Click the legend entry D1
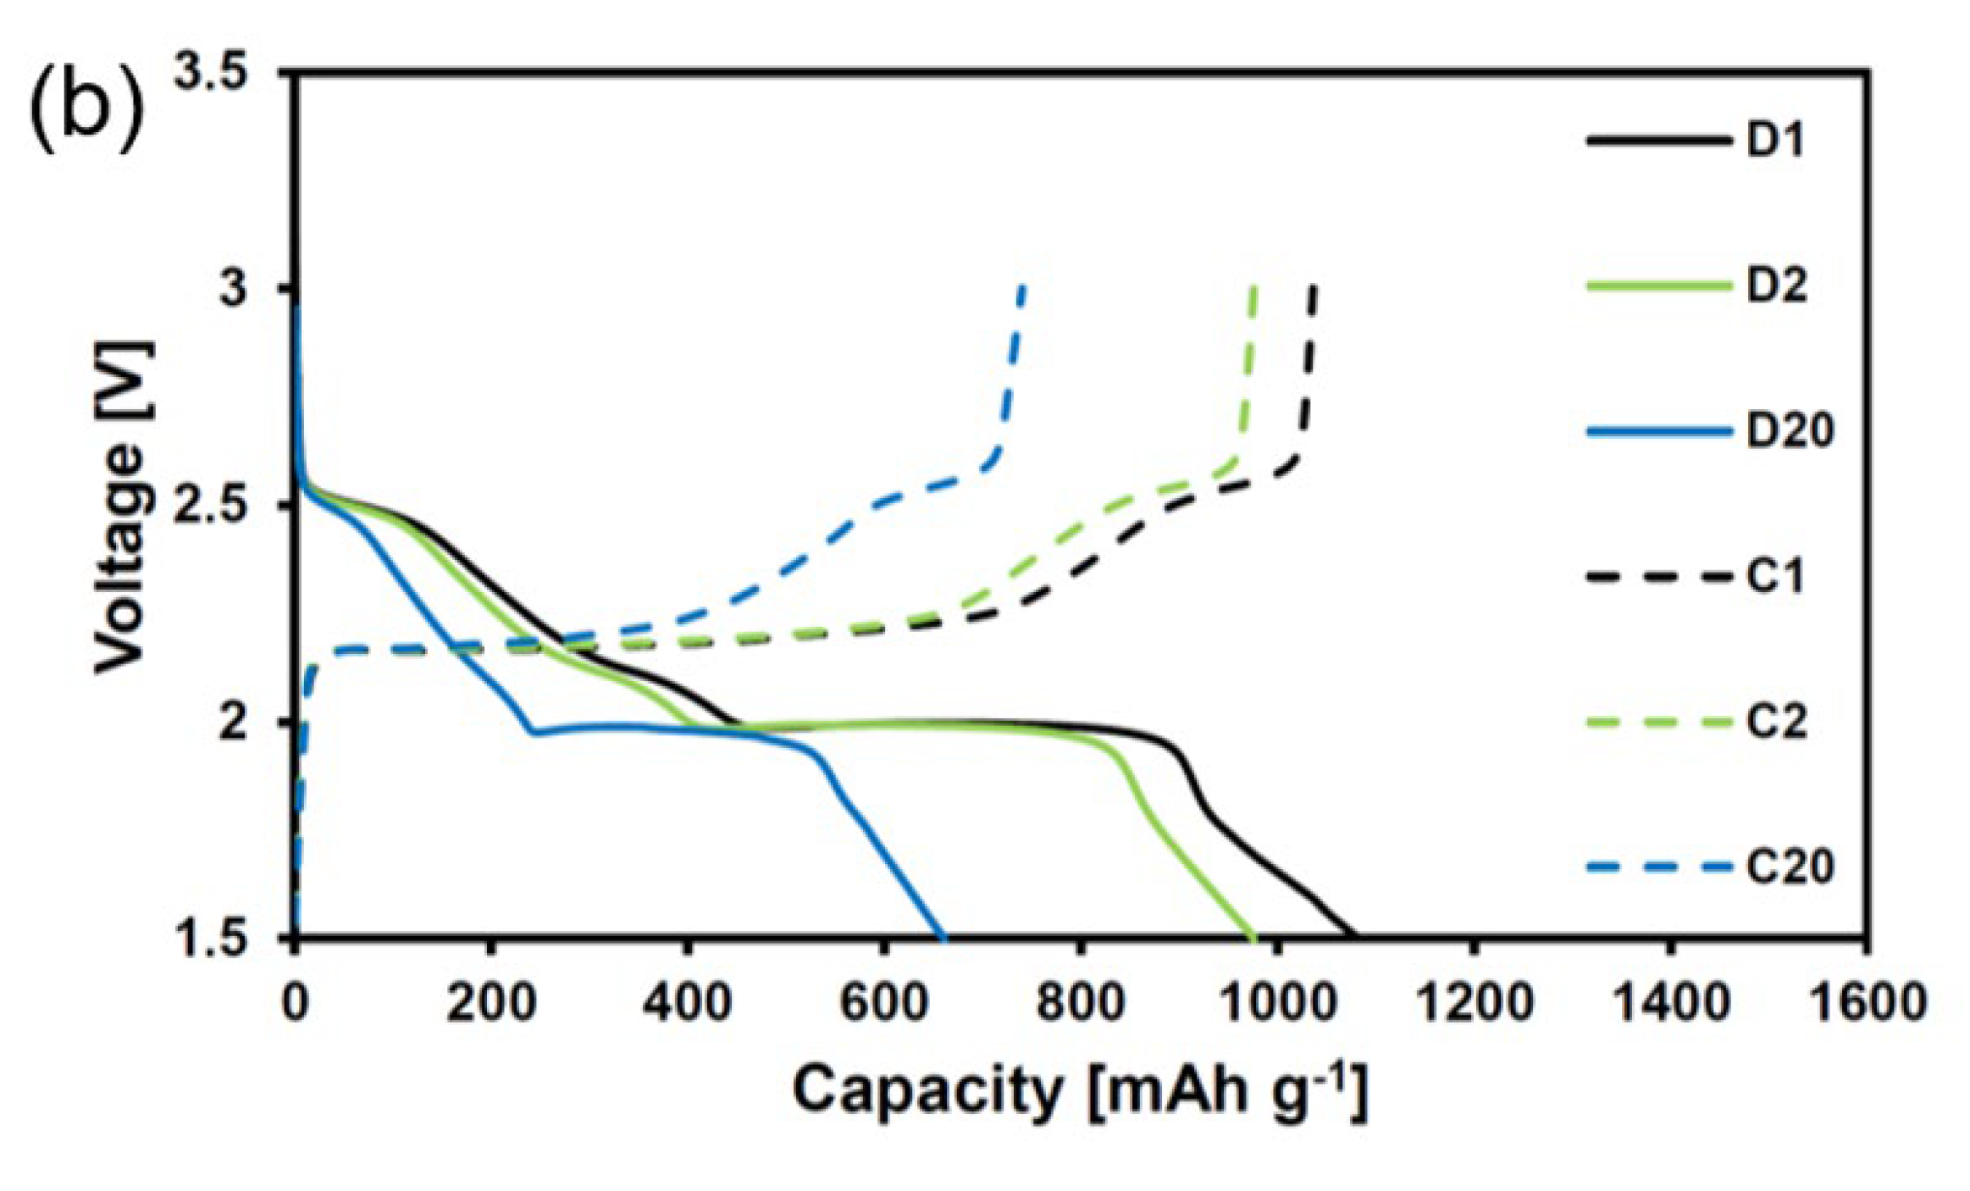(x=1774, y=141)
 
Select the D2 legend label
(x=1776, y=285)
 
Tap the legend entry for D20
(x=1789, y=431)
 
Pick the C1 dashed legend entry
(x=1774, y=577)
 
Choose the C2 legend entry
(x=1776, y=722)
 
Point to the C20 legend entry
(x=1789, y=867)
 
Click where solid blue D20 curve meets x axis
(x=944, y=935)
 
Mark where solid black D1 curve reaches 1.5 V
(x=1353, y=935)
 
